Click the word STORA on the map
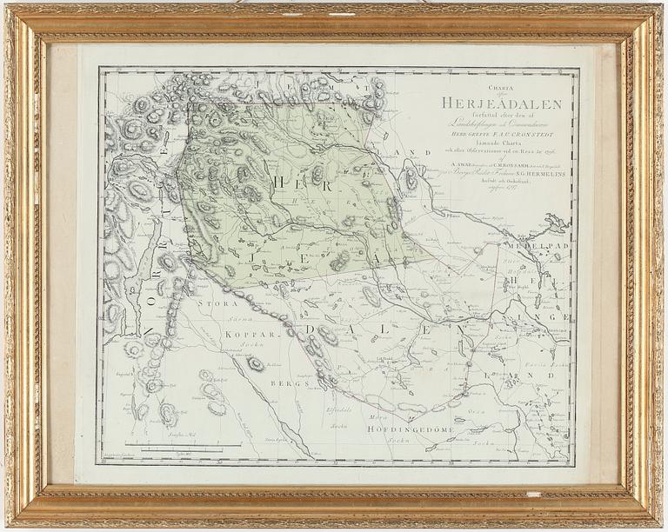click(x=212, y=306)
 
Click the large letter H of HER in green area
click(x=279, y=181)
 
